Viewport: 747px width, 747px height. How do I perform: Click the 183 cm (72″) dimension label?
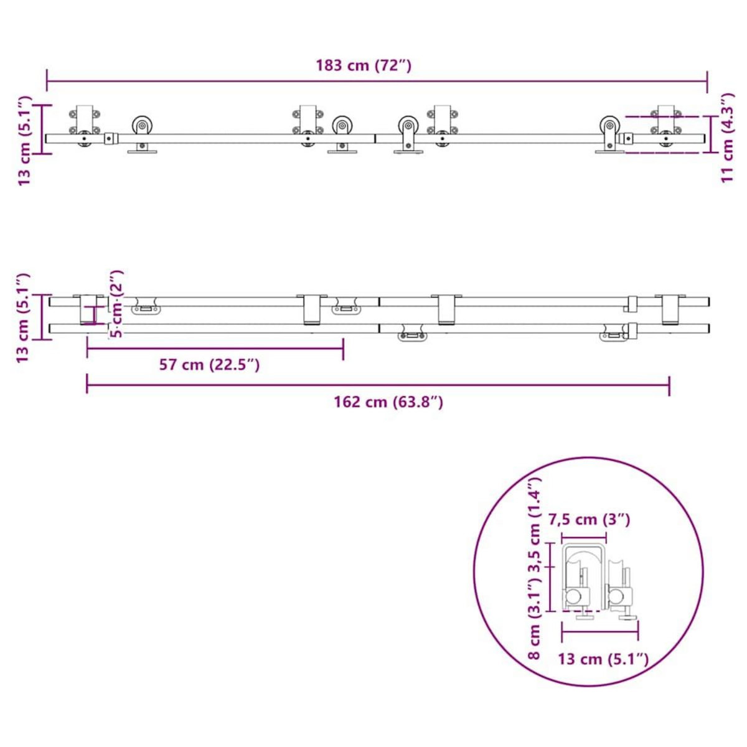(364, 65)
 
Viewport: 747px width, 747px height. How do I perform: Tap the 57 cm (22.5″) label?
(209, 365)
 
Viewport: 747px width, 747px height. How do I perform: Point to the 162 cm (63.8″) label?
(388, 402)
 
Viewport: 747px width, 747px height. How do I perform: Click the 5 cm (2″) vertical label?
(116, 303)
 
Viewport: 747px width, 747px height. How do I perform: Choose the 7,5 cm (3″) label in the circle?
(589, 519)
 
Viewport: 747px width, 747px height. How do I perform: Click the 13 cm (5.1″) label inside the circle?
(603, 659)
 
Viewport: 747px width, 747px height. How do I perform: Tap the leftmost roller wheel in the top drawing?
(143, 126)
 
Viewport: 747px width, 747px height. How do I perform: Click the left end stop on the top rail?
(110, 138)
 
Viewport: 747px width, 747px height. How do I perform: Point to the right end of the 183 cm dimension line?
(707, 81)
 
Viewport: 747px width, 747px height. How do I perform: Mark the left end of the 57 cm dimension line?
(87, 349)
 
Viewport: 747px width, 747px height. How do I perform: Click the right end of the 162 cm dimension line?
(669, 385)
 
